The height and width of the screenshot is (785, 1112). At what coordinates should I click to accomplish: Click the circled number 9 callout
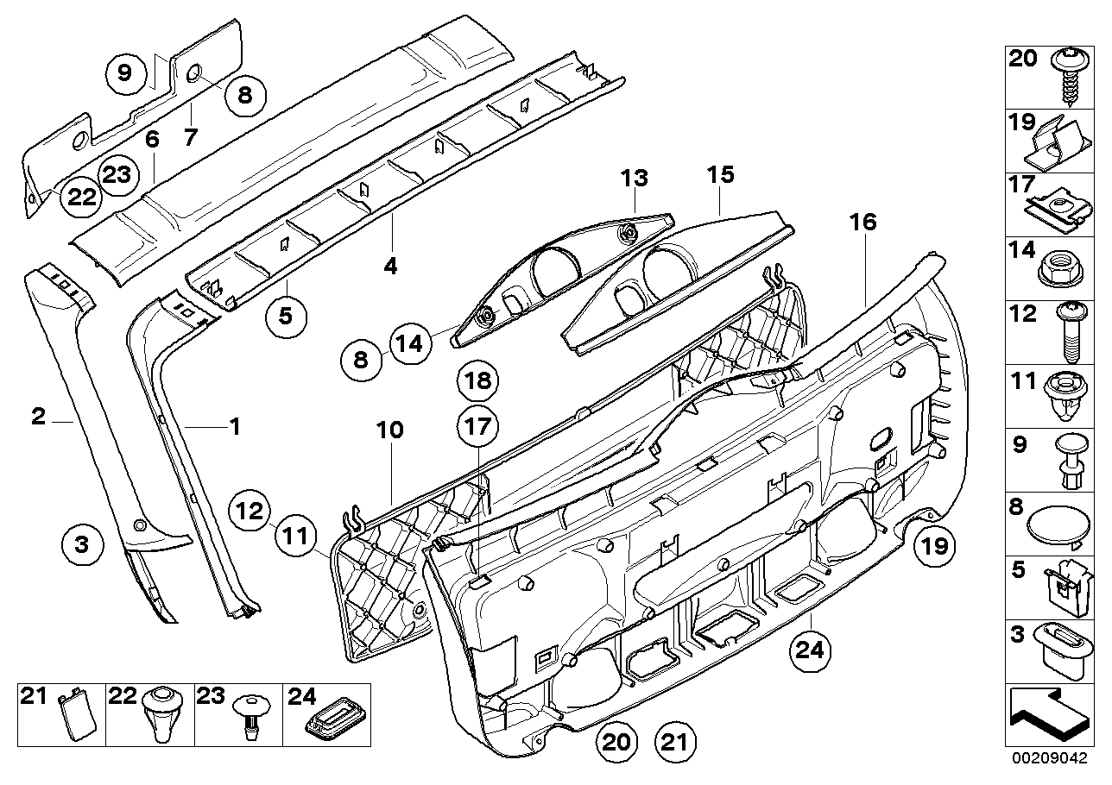pyautogui.click(x=125, y=72)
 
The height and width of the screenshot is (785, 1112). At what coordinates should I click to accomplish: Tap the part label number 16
pyautogui.click(x=862, y=223)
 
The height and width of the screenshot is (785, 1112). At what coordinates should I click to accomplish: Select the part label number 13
pyautogui.click(x=634, y=179)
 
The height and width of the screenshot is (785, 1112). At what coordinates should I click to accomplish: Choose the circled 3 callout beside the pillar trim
pyautogui.click(x=82, y=545)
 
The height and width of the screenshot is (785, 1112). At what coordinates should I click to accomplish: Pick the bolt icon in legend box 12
pyautogui.click(x=1061, y=336)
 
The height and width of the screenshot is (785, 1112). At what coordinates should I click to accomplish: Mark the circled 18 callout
pyautogui.click(x=479, y=380)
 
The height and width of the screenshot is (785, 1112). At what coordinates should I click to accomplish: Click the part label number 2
pyautogui.click(x=38, y=418)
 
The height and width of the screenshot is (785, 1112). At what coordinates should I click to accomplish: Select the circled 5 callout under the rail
pyautogui.click(x=286, y=316)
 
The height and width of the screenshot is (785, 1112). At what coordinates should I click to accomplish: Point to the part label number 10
pyautogui.click(x=390, y=430)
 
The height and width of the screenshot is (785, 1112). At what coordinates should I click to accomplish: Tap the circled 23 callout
pyautogui.click(x=117, y=174)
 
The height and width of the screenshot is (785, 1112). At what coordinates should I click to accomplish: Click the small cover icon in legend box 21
pyautogui.click(x=73, y=717)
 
